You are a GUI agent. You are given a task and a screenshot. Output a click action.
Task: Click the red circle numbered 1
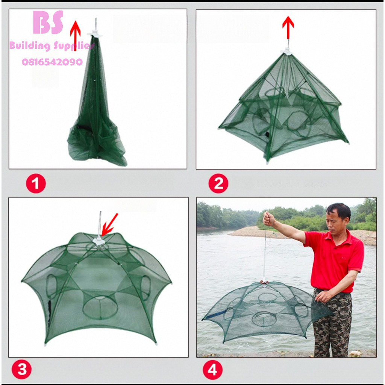tap(36, 183)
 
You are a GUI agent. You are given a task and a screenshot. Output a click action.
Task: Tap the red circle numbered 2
tap(218, 183)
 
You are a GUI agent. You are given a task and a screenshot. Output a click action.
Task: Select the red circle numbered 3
tap(21, 370)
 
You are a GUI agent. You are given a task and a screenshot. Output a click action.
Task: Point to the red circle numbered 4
tap(213, 370)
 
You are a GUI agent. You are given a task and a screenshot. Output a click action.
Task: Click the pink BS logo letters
tap(49, 22)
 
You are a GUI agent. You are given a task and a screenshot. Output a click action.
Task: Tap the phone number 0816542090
tap(52, 62)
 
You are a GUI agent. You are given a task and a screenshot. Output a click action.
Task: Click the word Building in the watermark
tap(30, 45)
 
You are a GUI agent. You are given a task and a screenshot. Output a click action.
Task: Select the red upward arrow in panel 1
tap(75, 36)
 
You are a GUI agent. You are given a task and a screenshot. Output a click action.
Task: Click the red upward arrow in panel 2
tap(288, 27)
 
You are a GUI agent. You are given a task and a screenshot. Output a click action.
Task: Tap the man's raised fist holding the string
tap(268, 219)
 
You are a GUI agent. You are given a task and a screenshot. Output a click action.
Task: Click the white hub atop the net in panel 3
tap(99, 241)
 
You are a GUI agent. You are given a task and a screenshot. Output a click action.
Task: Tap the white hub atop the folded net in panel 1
tap(94, 33)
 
